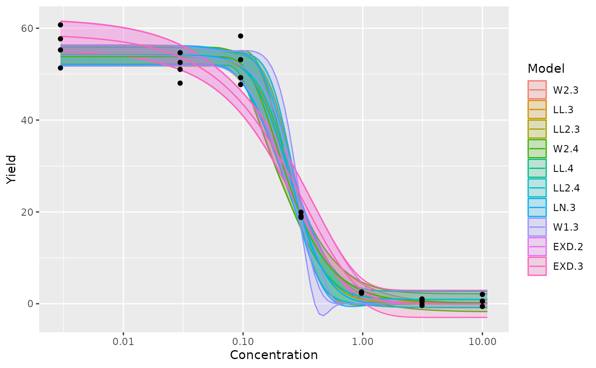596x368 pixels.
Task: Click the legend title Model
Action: [546, 68]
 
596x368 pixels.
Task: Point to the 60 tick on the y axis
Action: [28, 28]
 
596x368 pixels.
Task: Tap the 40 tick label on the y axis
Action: [28, 120]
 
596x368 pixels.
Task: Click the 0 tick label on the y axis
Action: [31, 304]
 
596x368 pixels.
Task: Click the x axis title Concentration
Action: [274, 355]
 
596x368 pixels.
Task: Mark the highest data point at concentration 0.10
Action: [241, 36]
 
